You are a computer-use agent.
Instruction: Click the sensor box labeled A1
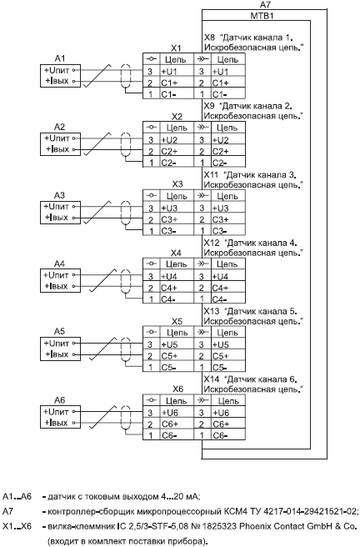[x=60, y=76]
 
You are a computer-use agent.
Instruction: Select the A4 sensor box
[x=60, y=281]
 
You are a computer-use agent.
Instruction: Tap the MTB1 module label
[x=262, y=16]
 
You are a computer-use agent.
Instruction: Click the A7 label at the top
[x=265, y=4]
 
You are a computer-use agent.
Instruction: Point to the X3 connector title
[x=177, y=184]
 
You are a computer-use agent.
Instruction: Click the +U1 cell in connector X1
[x=177, y=72]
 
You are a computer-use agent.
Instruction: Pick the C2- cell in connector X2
[x=177, y=163]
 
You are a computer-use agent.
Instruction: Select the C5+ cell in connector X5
[x=177, y=356]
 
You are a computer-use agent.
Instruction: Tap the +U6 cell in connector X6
[x=177, y=413]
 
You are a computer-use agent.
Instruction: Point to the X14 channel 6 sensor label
[x=253, y=384]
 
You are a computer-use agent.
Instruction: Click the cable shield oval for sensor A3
[x=126, y=213]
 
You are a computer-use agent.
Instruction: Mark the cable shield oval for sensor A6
[x=126, y=418]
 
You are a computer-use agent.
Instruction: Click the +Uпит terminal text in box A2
[x=57, y=138]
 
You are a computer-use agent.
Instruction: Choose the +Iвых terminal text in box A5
[x=57, y=354]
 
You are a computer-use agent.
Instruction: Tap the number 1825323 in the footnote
[x=222, y=524]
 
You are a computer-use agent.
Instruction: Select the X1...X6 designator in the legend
[x=17, y=524]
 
